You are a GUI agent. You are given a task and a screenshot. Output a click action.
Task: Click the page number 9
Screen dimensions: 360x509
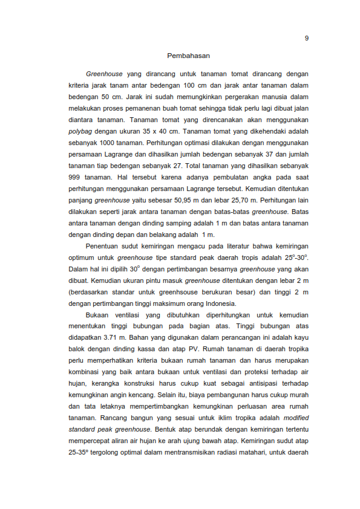307,39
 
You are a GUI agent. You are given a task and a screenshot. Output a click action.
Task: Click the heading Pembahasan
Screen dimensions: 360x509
188,56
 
